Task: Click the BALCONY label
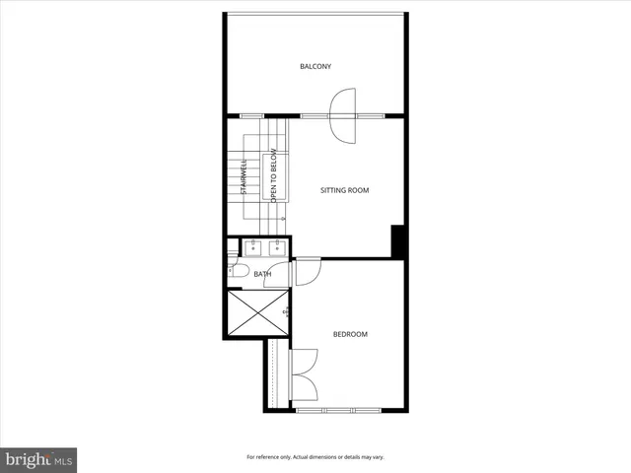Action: click(315, 67)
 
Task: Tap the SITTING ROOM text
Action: click(345, 190)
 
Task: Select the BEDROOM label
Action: click(350, 335)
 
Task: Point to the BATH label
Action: click(262, 275)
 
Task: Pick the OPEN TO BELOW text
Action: click(274, 177)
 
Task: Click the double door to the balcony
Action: click(341, 116)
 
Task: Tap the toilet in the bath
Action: click(238, 272)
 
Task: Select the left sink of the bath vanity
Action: click(252, 246)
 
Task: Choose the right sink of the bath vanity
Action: click(278, 246)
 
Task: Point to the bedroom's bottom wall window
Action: click(340, 409)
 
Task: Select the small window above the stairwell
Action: click(250, 116)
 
